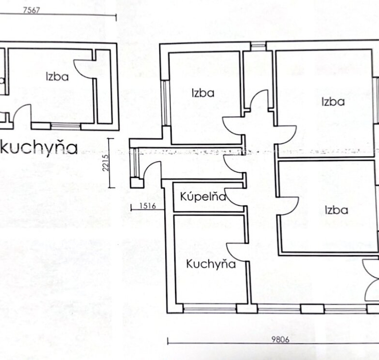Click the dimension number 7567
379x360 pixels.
(32, 10)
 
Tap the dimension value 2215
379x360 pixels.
(106, 163)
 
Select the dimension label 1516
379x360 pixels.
(148, 206)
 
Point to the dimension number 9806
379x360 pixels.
(280, 340)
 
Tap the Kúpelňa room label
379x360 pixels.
(203, 196)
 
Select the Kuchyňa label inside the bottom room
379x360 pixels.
(211, 264)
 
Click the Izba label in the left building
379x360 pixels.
(57, 77)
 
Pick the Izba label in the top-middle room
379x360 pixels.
(203, 93)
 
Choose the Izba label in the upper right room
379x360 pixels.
(333, 102)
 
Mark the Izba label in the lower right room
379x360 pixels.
(336, 210)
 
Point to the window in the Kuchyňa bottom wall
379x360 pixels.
(209, 309)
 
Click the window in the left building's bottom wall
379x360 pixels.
(66, 126)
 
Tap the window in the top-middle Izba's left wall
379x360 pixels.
(166, 103)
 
